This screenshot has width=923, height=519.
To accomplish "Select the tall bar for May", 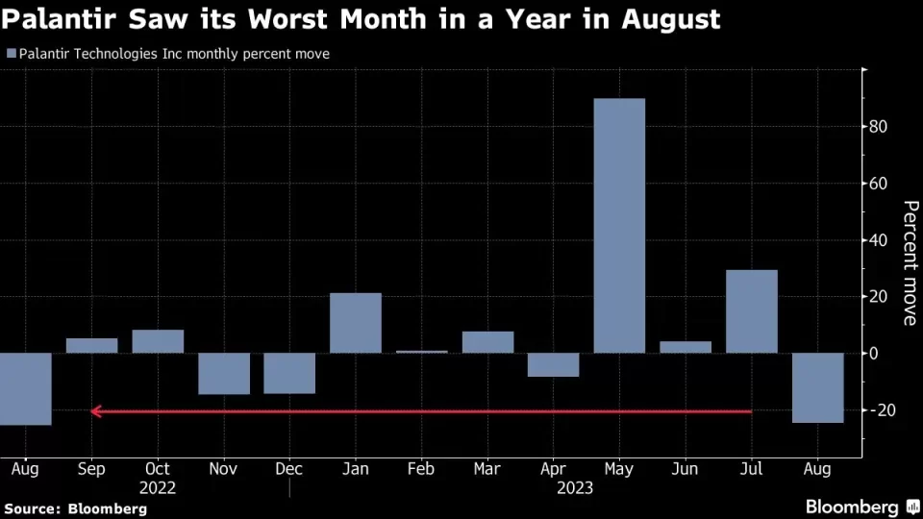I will [619, 225].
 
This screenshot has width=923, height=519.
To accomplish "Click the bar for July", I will [751, 311].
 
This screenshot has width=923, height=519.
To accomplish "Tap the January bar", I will [355, 323].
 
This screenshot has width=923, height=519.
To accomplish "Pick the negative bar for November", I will [224, 374].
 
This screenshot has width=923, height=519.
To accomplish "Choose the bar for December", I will [289, 373].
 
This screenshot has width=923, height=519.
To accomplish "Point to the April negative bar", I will [553, 365].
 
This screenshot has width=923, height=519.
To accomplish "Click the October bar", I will [158, 341].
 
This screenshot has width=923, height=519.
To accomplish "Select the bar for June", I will [686, 347].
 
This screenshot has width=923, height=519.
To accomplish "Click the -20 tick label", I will [883, 410].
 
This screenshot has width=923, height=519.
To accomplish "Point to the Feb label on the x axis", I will [421, 469].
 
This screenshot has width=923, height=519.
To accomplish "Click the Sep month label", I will [91, 469].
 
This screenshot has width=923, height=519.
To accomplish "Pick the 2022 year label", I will [158, 487].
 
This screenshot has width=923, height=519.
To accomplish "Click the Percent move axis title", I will [909, 262].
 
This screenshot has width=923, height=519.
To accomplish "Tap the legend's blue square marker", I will [12, 55].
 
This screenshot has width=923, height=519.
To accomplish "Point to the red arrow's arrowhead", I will [96, 411].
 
